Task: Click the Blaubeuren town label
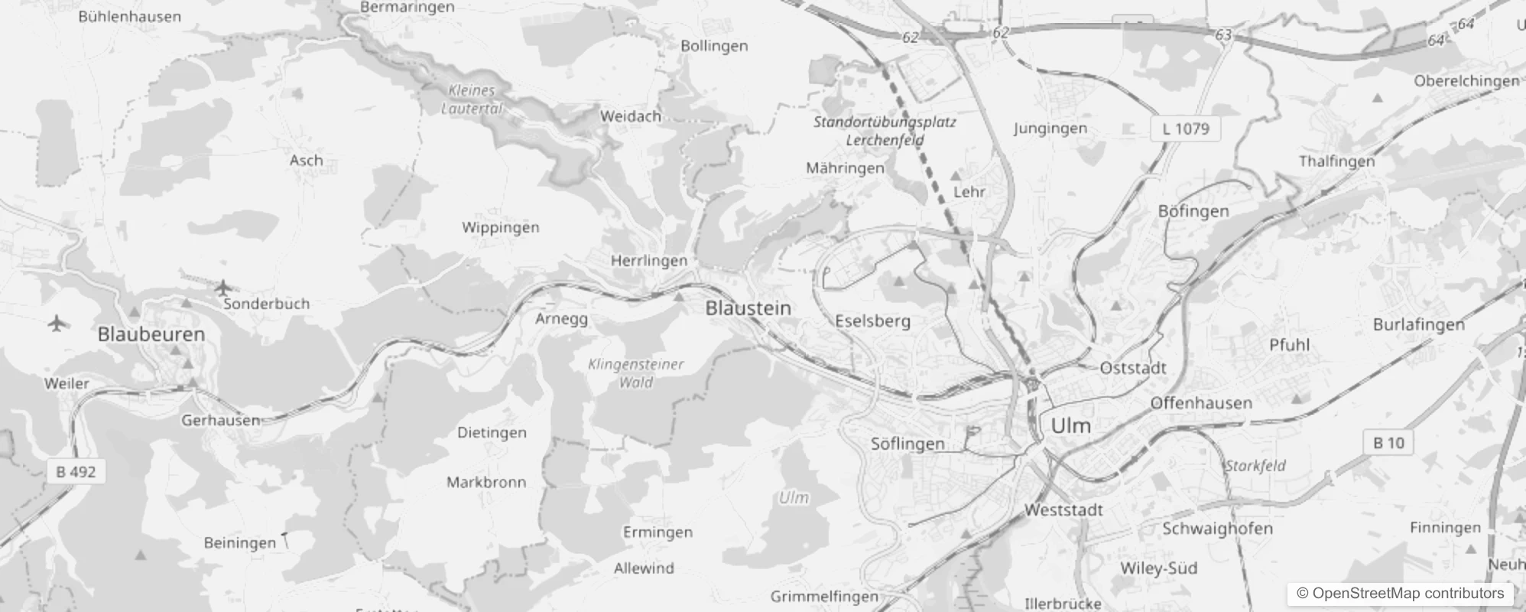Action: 151,334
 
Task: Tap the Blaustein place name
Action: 748,308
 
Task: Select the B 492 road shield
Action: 76,472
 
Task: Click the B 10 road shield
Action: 1388,443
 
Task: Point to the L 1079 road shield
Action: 1186,129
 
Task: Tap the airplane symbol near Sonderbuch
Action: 222,288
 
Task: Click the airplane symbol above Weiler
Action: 56,323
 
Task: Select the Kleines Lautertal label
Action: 472,99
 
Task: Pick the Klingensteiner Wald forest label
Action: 636,373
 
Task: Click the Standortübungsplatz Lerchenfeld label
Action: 885,131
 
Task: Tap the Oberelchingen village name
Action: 1466,81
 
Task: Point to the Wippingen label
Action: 500,227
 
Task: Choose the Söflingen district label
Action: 907,444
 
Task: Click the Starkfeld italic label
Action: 1255,465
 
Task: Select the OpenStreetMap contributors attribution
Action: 1400,594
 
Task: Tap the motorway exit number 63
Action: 1223,35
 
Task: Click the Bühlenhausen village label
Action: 130,17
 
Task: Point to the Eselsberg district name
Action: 872,321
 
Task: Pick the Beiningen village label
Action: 239,543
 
